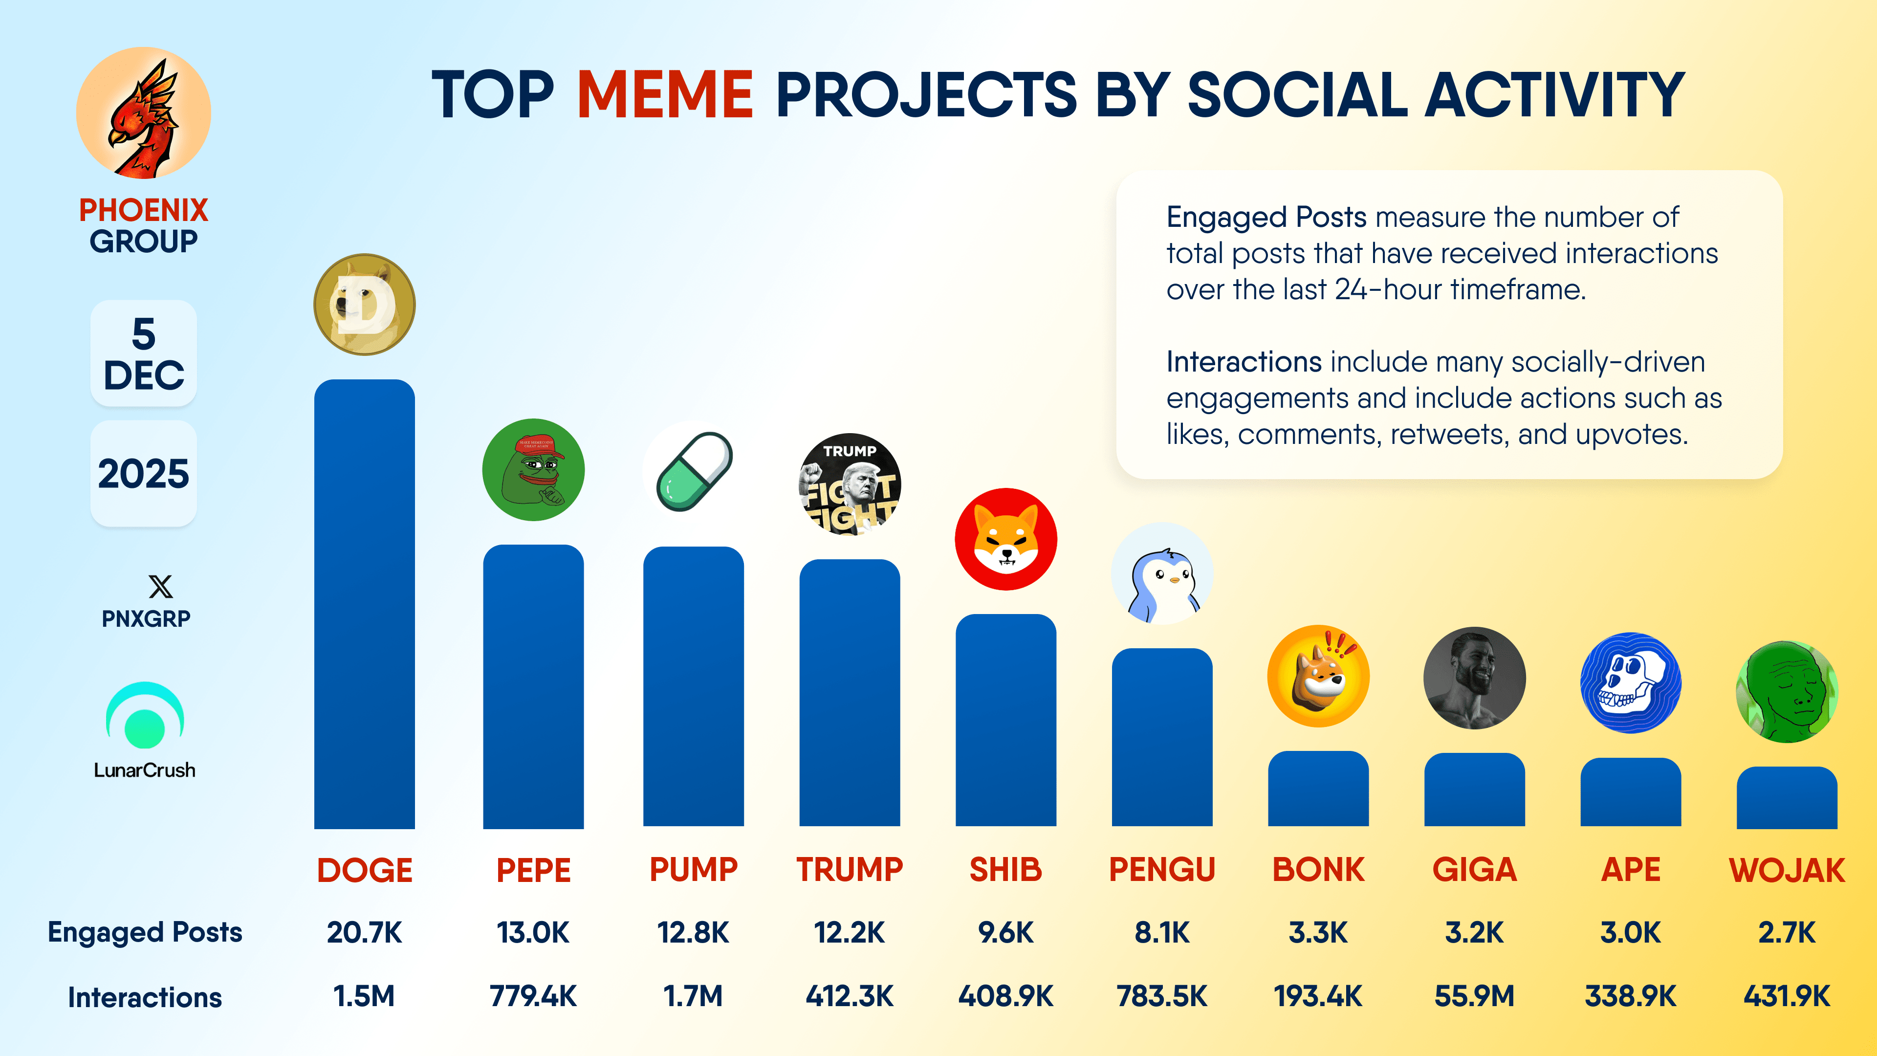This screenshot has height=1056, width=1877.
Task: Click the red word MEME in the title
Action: pos(665,95)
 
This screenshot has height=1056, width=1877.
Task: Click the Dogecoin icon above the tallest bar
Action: pos(364,305)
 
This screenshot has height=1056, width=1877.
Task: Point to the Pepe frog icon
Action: pos(533,469)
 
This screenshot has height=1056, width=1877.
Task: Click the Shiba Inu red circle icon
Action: pos(1005,539)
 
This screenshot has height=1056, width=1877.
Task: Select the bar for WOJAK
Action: pos(1787,797)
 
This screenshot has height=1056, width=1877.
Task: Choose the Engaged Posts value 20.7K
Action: pos(364,932)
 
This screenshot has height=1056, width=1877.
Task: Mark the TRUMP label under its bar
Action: pos(850,869)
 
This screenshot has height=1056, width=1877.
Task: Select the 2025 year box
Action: pos(144,474)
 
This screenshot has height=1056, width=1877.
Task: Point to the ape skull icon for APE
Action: pos(1631,683)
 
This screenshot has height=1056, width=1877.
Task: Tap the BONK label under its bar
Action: pos(1318,869)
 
